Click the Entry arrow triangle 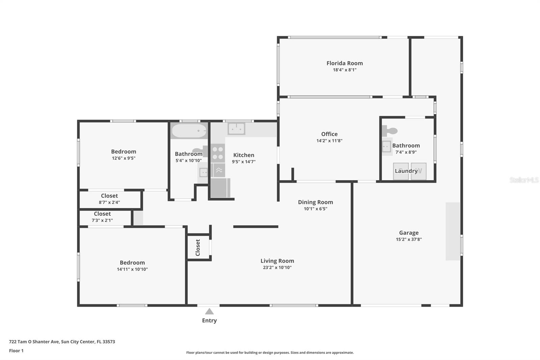click(x=209, y=311)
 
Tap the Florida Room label click(x=345, y=63)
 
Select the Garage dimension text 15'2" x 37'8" click(x=409, y=239)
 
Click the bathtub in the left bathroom click(x=189, y=131)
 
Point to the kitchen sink click(x=236, y=129)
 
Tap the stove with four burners click(x=218, y=153)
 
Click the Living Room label click(x=277, y=261)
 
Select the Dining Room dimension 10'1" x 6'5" click(x=315, y=209)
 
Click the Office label click(x=329, y=134)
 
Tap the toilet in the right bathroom click(x=390, y=131)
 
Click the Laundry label click(x=406, y=171)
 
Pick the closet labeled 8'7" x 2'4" click(x=109, y=199)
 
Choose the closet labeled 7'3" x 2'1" click(x=102, y=217)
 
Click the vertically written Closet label click(x=198, y=248)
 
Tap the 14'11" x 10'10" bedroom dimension click(x=132, y=269)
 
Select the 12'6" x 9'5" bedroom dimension click(x=124, y=158)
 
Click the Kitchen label click(x=244, y=155)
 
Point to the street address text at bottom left click(x=62, y=341)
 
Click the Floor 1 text click(x=16, y=351)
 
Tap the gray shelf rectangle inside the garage click(x=453, y=231)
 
